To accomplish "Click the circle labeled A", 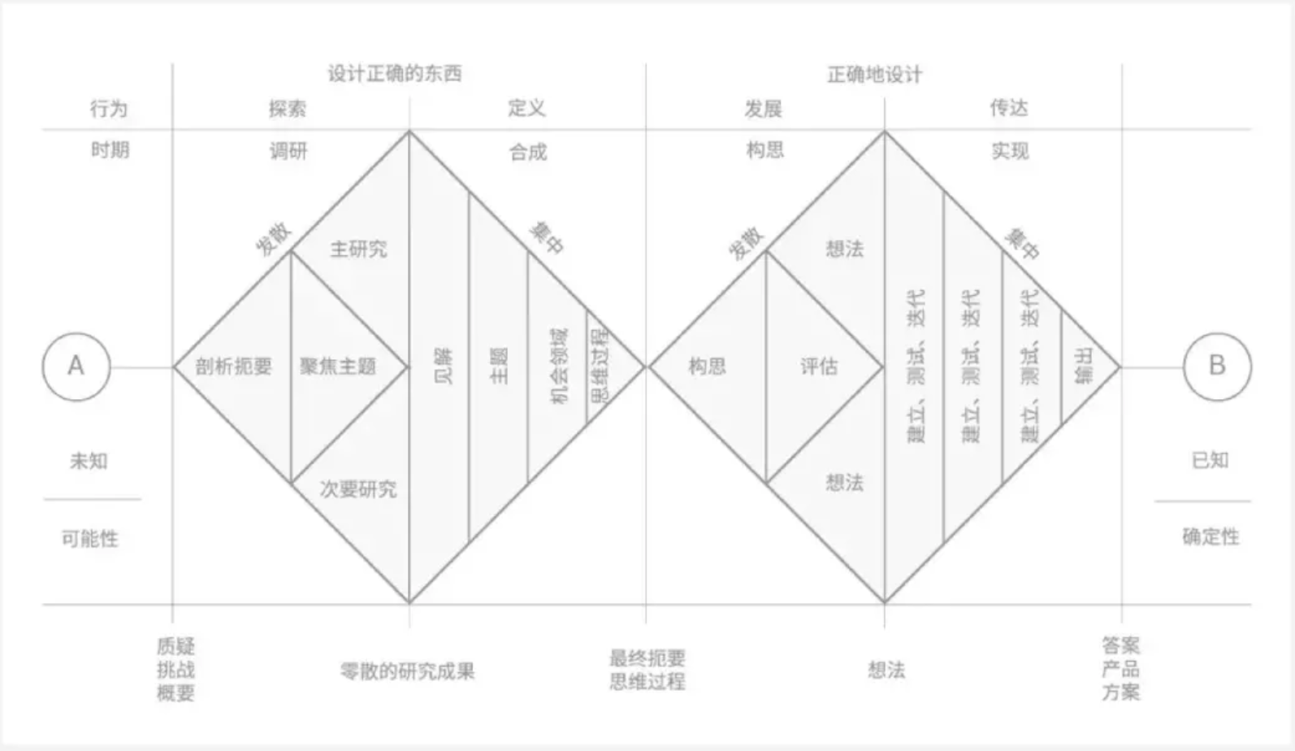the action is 76,367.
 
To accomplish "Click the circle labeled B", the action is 1216,367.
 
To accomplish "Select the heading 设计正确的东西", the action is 395,74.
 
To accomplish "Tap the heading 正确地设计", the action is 874,75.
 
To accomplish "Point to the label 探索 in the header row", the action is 288,109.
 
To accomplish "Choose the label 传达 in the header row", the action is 1008,108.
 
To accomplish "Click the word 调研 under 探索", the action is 288,151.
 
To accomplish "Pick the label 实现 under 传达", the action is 1010,151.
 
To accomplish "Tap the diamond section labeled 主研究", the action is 358,249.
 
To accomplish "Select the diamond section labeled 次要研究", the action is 358,488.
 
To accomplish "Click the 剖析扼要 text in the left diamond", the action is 233,367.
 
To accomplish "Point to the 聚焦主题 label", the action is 338,367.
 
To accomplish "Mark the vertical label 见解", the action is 443,367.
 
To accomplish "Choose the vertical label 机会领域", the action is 559,367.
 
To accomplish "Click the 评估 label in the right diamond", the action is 818,367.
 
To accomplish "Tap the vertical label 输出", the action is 1084,367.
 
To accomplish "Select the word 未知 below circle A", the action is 89,461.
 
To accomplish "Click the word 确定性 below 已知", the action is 1211,536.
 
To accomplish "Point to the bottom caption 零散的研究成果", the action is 407,671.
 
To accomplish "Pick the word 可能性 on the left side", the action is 90,538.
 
